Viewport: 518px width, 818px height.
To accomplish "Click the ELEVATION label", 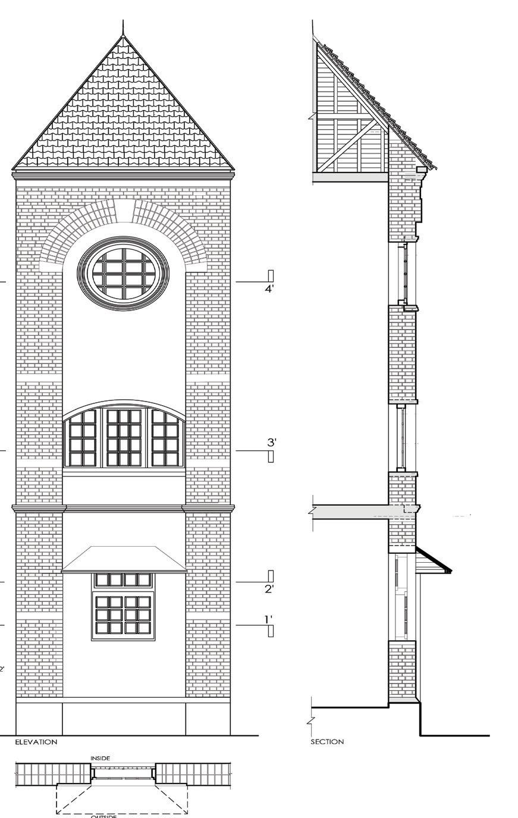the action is [x=36, y=742].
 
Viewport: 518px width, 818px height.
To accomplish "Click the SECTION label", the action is [x=327, y=742].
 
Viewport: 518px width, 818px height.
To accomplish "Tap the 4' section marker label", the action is [x=269, y=289].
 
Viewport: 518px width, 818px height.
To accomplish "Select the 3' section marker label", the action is [x=272, y=442].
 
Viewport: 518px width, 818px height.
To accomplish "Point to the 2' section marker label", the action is [x=269, y=589].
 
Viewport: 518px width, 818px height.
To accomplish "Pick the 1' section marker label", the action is [x=269, y=619].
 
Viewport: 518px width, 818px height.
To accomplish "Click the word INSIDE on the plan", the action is [x=100, y=758].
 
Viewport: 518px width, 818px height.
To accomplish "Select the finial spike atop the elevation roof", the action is [x=123, y=27].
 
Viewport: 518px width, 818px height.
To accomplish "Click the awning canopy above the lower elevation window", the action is [x=124, y=560].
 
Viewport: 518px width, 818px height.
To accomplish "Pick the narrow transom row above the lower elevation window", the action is [x=123, y=579].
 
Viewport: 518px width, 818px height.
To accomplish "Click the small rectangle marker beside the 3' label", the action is [x=271, y=456].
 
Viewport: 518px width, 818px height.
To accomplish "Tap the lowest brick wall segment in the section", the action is [x=401, y=670].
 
